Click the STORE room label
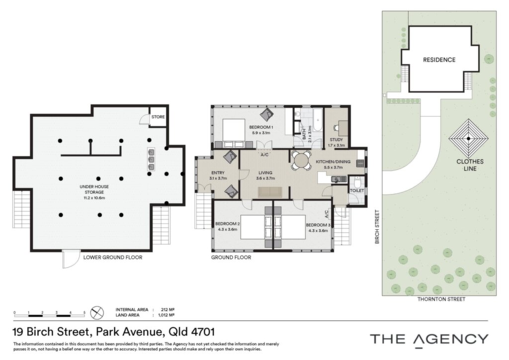tap(158, 117)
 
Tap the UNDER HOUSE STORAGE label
tap(94, 189)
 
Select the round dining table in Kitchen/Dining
tap(302, 161)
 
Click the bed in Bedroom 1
tap(234, 134)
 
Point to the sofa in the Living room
tap(270, 192)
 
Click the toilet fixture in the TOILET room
tap(357, 181)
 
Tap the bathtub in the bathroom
tap(318, 120)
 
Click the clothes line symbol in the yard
tap(468, 138)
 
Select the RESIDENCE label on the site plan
tap(439, 60)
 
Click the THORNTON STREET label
tap(441, 299)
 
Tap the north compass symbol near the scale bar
tap(97, 313)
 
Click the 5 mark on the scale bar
tap(85, 313)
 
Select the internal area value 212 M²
tap(168, 310)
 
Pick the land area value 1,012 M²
tap(166, 315)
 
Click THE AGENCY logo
tap(429, 340)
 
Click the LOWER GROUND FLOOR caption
tap(113, 258)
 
